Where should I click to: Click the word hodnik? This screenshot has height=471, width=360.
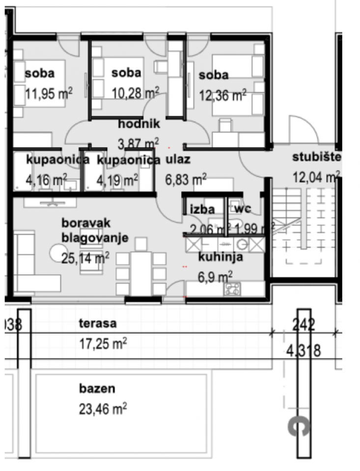tap(138, 124)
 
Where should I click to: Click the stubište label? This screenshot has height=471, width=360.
tap(316, 157)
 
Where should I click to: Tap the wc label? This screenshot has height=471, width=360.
tap(243, 209)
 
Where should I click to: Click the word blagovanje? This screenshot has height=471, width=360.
tap(95, 238)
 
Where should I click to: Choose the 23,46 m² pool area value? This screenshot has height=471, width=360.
tap(103, 409)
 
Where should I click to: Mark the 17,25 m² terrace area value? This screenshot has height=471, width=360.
tap(103, 344)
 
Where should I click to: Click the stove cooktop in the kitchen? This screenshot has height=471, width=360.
tap(231, 289)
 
